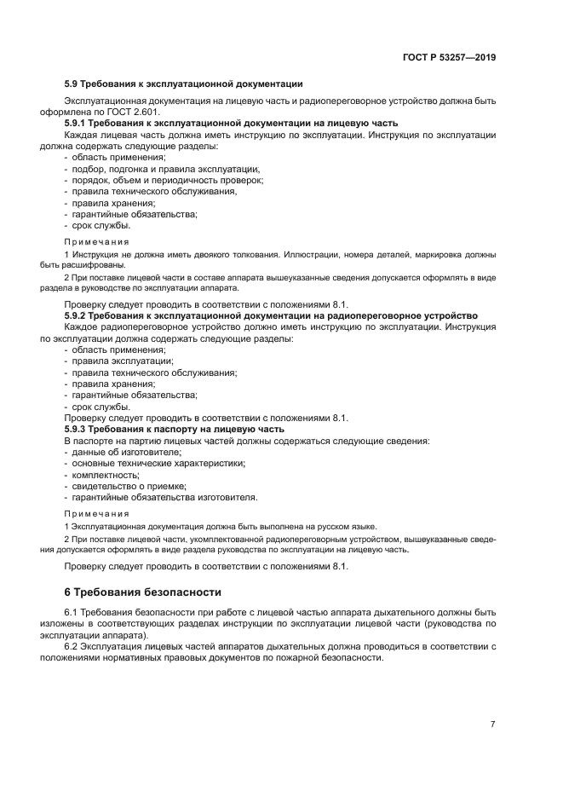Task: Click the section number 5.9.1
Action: tap(78, 124)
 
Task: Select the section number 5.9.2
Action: tap(78, 316)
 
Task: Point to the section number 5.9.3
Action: tap(78, 429)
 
